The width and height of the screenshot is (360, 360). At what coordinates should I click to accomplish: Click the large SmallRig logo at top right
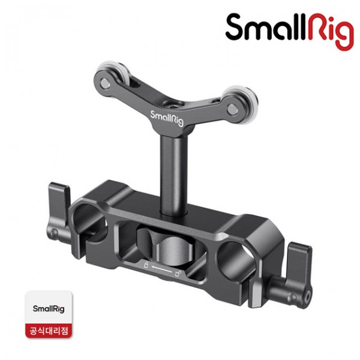[290, 31]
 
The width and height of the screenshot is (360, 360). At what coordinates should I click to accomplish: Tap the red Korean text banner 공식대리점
[49, 331]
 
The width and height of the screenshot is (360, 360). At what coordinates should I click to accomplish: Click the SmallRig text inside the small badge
[49, 309]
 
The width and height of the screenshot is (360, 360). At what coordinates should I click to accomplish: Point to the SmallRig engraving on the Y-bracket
[167, 118]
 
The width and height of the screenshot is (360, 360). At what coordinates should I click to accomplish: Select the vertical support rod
[174, 175]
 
